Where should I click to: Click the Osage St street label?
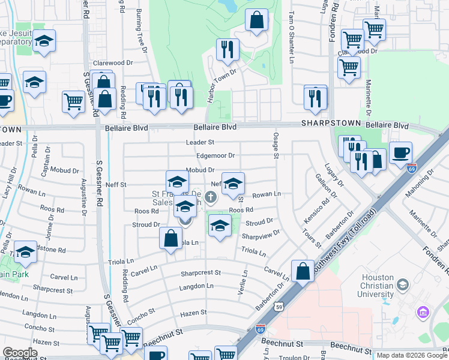coord(277,146)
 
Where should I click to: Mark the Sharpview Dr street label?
coord(262,234)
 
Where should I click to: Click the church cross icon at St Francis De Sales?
coord(210,196)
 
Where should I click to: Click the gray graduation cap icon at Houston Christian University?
coord(403,284)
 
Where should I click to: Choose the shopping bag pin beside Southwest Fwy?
coord(303,271)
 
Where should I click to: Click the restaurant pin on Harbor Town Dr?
coord(227,50)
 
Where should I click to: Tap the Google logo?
coord(20,353)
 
